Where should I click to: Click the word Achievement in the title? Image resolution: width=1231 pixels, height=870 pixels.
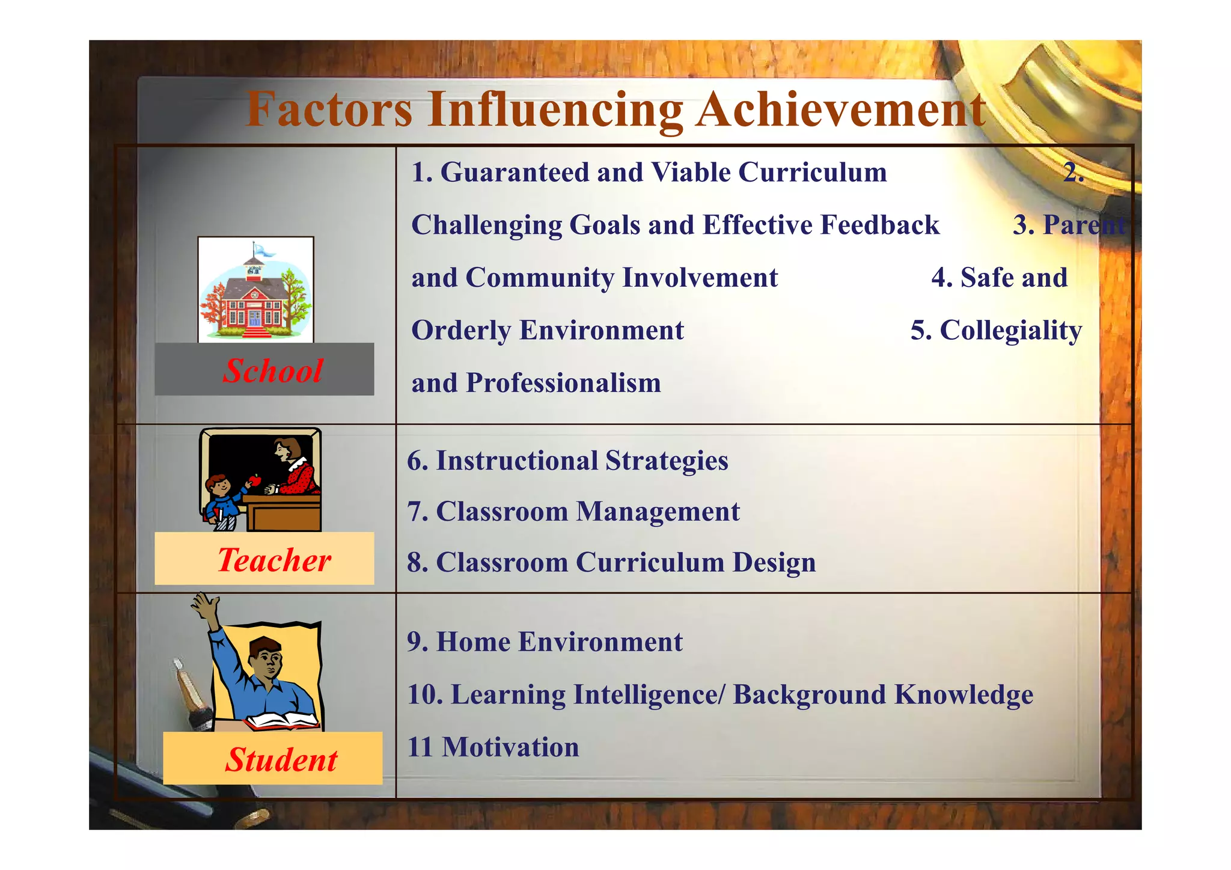(841, 109)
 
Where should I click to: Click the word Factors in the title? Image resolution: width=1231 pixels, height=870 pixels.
(330, 109)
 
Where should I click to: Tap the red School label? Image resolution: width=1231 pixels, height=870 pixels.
(273, 370)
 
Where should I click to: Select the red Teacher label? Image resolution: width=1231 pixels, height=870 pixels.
(274, 560)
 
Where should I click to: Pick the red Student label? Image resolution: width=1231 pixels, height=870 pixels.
(281, 759)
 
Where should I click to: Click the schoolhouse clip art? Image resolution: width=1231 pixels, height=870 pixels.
(255, 290)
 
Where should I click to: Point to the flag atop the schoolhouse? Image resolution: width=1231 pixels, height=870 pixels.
(262, 249)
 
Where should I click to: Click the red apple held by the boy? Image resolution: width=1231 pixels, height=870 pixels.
(255, 480)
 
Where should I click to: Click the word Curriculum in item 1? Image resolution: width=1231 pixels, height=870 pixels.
(813, 173)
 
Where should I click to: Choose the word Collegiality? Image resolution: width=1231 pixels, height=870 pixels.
(1011, 331)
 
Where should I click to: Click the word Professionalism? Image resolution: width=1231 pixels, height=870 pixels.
(563, 383)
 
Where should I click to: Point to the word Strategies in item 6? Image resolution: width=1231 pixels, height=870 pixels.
(667, 461)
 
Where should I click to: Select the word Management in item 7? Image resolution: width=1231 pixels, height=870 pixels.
(658, 512)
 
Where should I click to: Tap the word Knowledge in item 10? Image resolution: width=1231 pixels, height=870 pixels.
(964, 695)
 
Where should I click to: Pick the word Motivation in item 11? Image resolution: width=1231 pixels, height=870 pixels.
(510, 747)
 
